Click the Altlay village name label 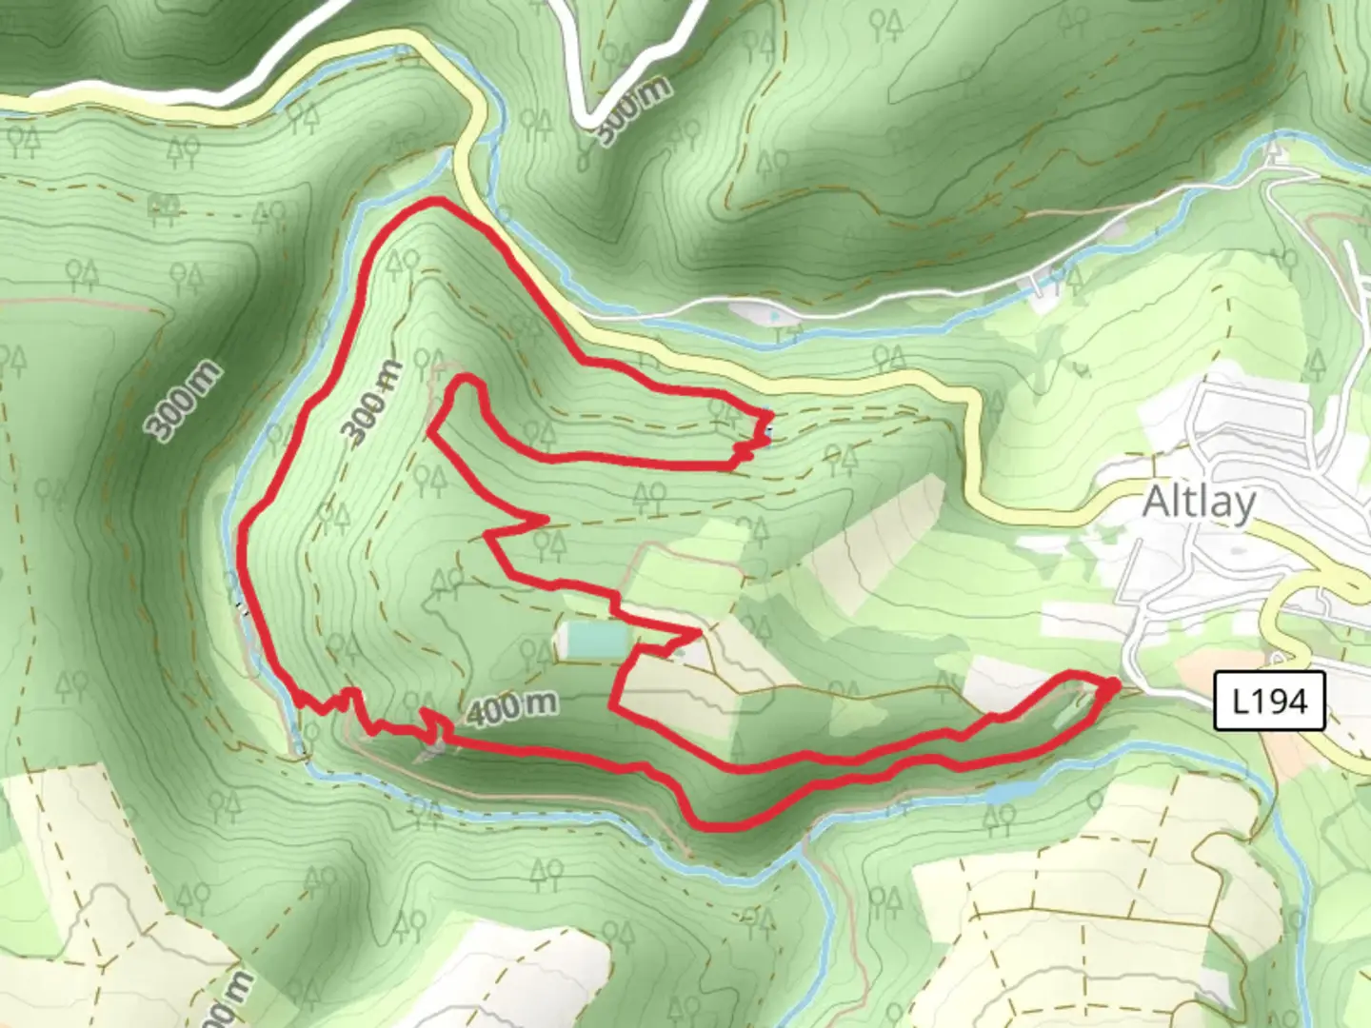click(x=1199, y=502)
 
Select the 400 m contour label click(x=511, y=707)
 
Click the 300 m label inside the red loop click(x=371, y=404)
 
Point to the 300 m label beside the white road click(x=634, y=109)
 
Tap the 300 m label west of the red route click(x=186, y=401)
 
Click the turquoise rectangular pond click(x=593, y=640)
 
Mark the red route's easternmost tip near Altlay click(x=1114, y=684)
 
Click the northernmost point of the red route click(x=433, y=202)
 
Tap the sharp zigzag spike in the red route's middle click(x=544, y=520)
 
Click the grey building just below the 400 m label click(x=429, y=752)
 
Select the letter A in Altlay click(x=1154, y=502)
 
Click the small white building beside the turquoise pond click(x=687, y=652)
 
